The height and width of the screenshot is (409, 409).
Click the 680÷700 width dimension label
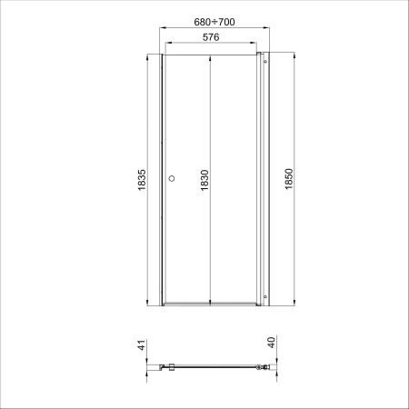[214, 22]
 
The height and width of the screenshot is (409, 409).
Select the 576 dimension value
[211, 37]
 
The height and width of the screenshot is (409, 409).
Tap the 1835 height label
[142, 180]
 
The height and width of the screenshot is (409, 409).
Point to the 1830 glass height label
[204, 180]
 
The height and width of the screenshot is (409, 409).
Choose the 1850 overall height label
[289, 179]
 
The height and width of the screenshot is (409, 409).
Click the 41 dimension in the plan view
[142, 345]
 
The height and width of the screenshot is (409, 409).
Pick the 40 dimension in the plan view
[272, 343]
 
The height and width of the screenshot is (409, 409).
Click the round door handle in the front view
[172, 178]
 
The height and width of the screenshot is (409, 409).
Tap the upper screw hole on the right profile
[265, 62]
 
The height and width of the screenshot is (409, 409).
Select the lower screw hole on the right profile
[265, 296]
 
